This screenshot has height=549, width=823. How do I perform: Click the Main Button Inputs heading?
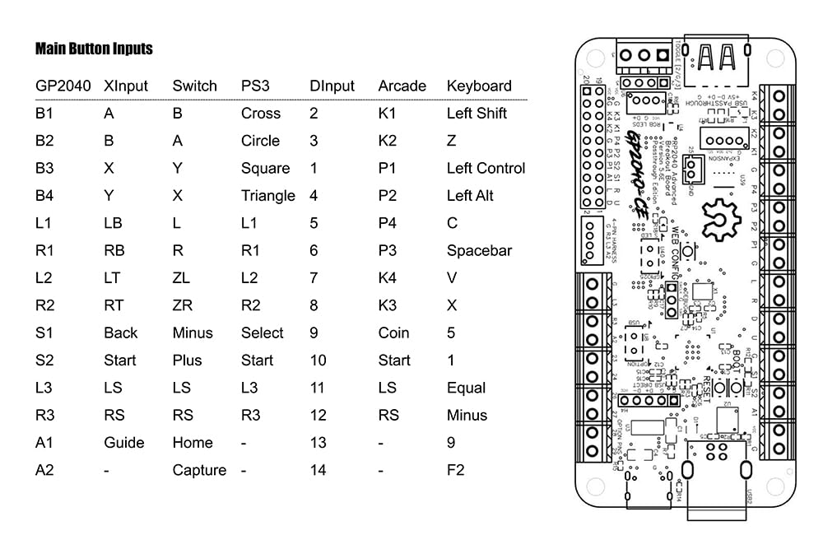[x=94, y=49]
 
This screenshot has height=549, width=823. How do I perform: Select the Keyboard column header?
[x=478, y=86]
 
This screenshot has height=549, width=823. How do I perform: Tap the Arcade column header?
[x=402, y=86]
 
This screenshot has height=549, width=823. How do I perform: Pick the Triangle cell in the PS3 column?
[x=267, y=196]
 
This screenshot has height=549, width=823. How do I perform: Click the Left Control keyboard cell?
[x=486, y=168]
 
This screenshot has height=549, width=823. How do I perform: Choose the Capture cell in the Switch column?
[x=199, y=470]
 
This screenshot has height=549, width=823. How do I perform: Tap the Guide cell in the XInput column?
[x=124, y=442]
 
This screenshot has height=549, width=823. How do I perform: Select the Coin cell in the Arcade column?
[x=393, y=333]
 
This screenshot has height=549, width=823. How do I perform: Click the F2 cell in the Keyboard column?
[x=455, y=470]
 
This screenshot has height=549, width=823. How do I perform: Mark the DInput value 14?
[x=318, y=470]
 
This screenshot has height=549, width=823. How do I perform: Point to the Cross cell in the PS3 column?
[x=261, y=114]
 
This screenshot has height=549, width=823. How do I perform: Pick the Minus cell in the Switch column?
[x=193, y=333]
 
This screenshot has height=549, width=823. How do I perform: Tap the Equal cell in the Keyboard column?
[x=466, y=388]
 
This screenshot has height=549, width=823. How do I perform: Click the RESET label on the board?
[x=702, y=392]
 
